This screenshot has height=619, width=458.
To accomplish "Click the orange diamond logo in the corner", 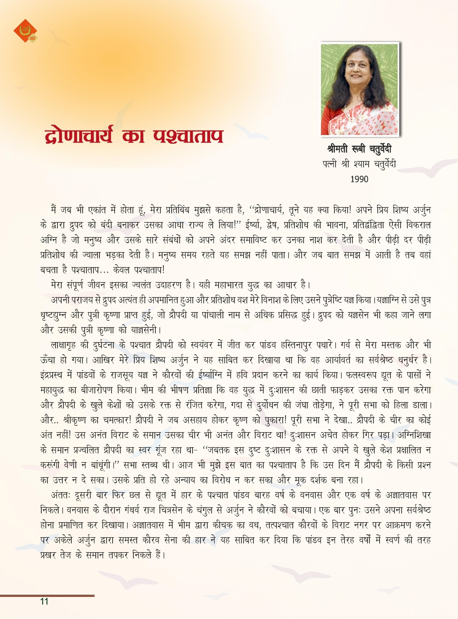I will click(x=25, y=31).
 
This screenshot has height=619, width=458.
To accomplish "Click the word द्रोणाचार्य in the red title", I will click(x=79, y=136).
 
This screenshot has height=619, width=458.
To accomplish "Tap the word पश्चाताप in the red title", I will click(x=188, y=136).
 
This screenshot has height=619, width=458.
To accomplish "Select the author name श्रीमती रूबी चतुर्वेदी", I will click(x=359, y=149).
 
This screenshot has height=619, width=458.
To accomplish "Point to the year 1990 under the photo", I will click(x=359, y=179).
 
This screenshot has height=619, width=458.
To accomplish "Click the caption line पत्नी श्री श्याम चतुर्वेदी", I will click(x=359, y=164).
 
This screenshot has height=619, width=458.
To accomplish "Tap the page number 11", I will click(x=44, y=601).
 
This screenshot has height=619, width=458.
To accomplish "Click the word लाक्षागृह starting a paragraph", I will click(x=65, y=345).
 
